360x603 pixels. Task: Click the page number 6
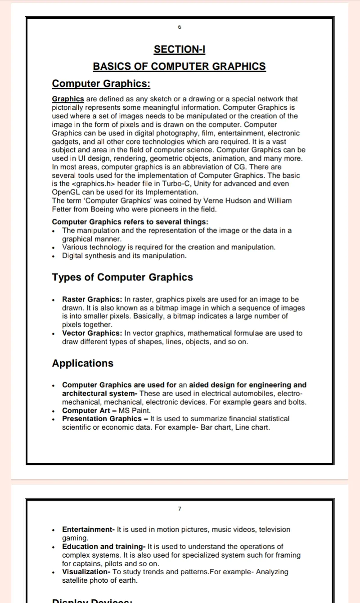180,27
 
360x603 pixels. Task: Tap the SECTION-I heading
180,49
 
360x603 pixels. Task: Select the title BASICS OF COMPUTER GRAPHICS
179,66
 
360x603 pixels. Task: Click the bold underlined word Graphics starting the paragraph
68,99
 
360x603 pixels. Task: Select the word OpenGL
66,192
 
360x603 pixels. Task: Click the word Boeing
101,209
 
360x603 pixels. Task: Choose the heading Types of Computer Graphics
122,277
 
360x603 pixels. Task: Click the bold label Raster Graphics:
92,299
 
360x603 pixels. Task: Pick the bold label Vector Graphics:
92,333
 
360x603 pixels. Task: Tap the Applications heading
82,363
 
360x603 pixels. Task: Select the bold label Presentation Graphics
101,418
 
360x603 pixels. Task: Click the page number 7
180,508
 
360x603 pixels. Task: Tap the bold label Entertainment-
89,529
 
